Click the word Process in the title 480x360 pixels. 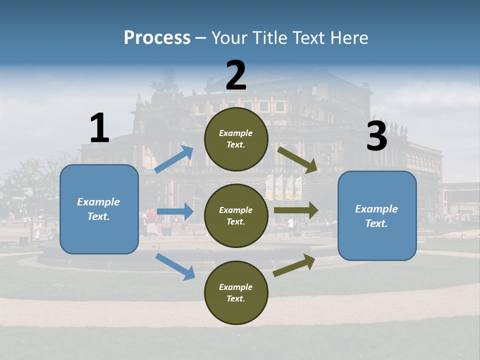pyautogui.click(x=157, y=37)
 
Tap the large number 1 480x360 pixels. pyautogui.click(x=99, y=128)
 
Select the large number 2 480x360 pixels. pyautogui.click(x=236, y=75)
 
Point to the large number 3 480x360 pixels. pyautogui.click(x=376, y=136)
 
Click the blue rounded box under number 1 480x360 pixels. pyautogui.click(x=99, y=209)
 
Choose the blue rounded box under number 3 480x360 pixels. pyautogui.click(x=377, y=215)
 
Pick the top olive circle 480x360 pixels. pyautogui.click(x=236, y=139)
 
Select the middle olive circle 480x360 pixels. pyautogui.click(x=236, y=215)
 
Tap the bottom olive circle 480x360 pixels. pyautogui.click(x=236, y=292)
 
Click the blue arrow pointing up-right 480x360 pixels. pyautogui.click(x=174, y=159)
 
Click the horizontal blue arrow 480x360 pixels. pyautogui.click(x=175, y=211)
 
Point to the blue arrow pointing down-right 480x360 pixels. pyautogui.click(x=175, y=266)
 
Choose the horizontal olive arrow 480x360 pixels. pyautogui.click(x=295, y=210)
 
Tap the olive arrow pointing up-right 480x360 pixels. pyautogui.click(x=294, y=265)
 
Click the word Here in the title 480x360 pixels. pyautogui.click(x=348, y=37)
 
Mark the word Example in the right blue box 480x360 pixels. pyautogui.click(x=376, y=209)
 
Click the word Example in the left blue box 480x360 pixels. pyautogui.click(x=98, y=202)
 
